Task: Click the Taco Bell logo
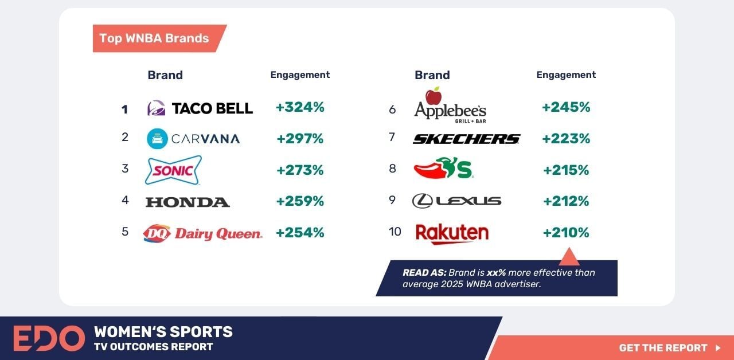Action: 200,108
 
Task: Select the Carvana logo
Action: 193,139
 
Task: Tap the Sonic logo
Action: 173,170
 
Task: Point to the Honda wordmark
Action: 188,202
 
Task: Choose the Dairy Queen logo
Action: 202,233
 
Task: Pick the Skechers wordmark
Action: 466,139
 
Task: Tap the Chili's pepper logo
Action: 443,169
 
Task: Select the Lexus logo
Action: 456,201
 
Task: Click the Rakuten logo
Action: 452,233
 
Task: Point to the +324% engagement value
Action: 300,107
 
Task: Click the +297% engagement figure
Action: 300,139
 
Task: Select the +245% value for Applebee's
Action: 566,107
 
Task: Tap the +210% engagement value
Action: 566,233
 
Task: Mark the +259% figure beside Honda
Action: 300,201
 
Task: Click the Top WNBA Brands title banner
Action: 155,38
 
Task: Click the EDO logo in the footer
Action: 49,338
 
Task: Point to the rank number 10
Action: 395,232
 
